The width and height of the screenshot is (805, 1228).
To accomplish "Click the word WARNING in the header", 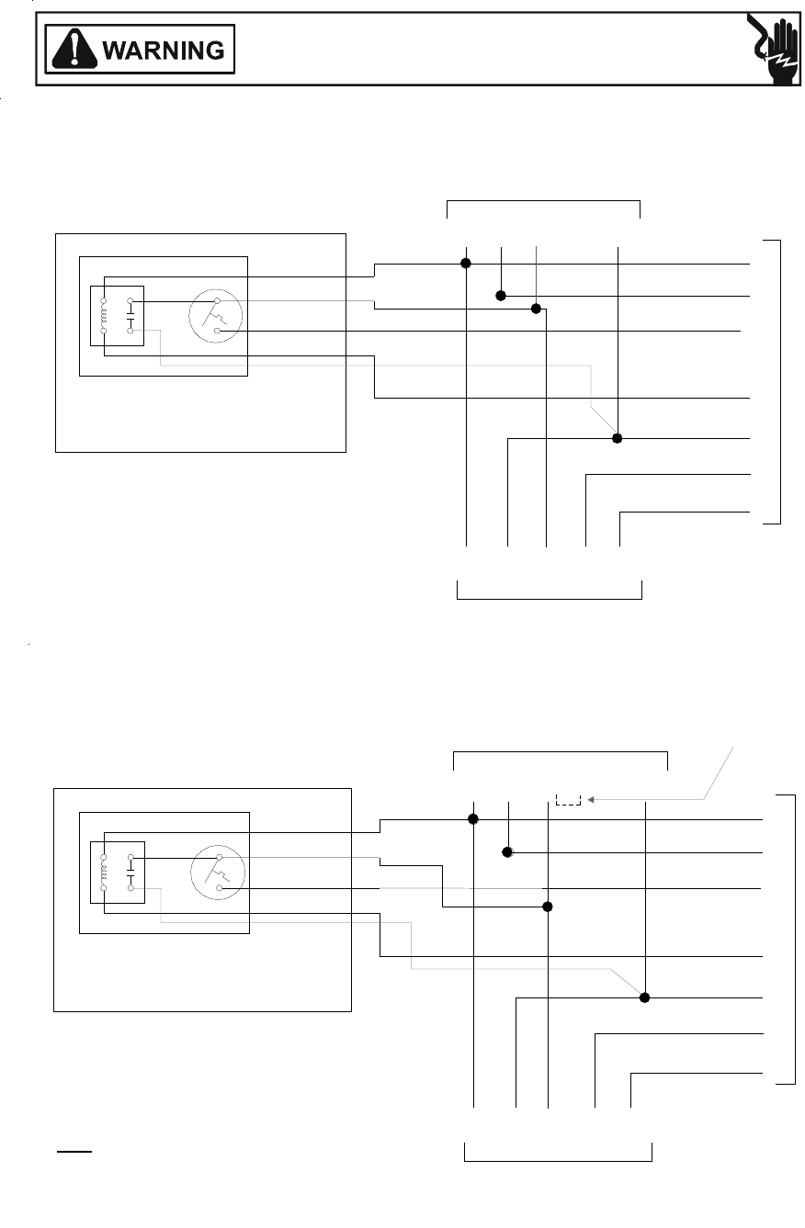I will [164, 50].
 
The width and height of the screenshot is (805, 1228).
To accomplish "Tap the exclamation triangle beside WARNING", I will [73, 50].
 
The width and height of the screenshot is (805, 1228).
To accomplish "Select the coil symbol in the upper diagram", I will [104, 316].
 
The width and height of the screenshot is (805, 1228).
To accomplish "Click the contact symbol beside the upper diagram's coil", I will [130, 316].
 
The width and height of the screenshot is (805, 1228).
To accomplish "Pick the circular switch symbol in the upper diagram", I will [217, 316].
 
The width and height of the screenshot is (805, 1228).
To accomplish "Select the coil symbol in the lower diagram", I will [104, 873].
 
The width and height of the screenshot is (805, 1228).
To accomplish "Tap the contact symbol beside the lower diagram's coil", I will [130, 873].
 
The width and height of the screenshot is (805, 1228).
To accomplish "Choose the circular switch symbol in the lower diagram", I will [218, 873].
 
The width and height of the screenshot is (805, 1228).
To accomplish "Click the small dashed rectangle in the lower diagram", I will [569, 799].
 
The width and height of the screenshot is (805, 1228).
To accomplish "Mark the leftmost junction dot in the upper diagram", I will [466, 264].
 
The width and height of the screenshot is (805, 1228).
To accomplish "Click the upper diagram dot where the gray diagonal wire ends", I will [618, 438].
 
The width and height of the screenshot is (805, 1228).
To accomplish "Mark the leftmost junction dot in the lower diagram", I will [473, 818].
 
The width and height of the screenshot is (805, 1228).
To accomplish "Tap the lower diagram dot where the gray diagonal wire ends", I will [645, 997].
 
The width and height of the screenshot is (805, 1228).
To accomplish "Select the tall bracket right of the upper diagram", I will [778, 381].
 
